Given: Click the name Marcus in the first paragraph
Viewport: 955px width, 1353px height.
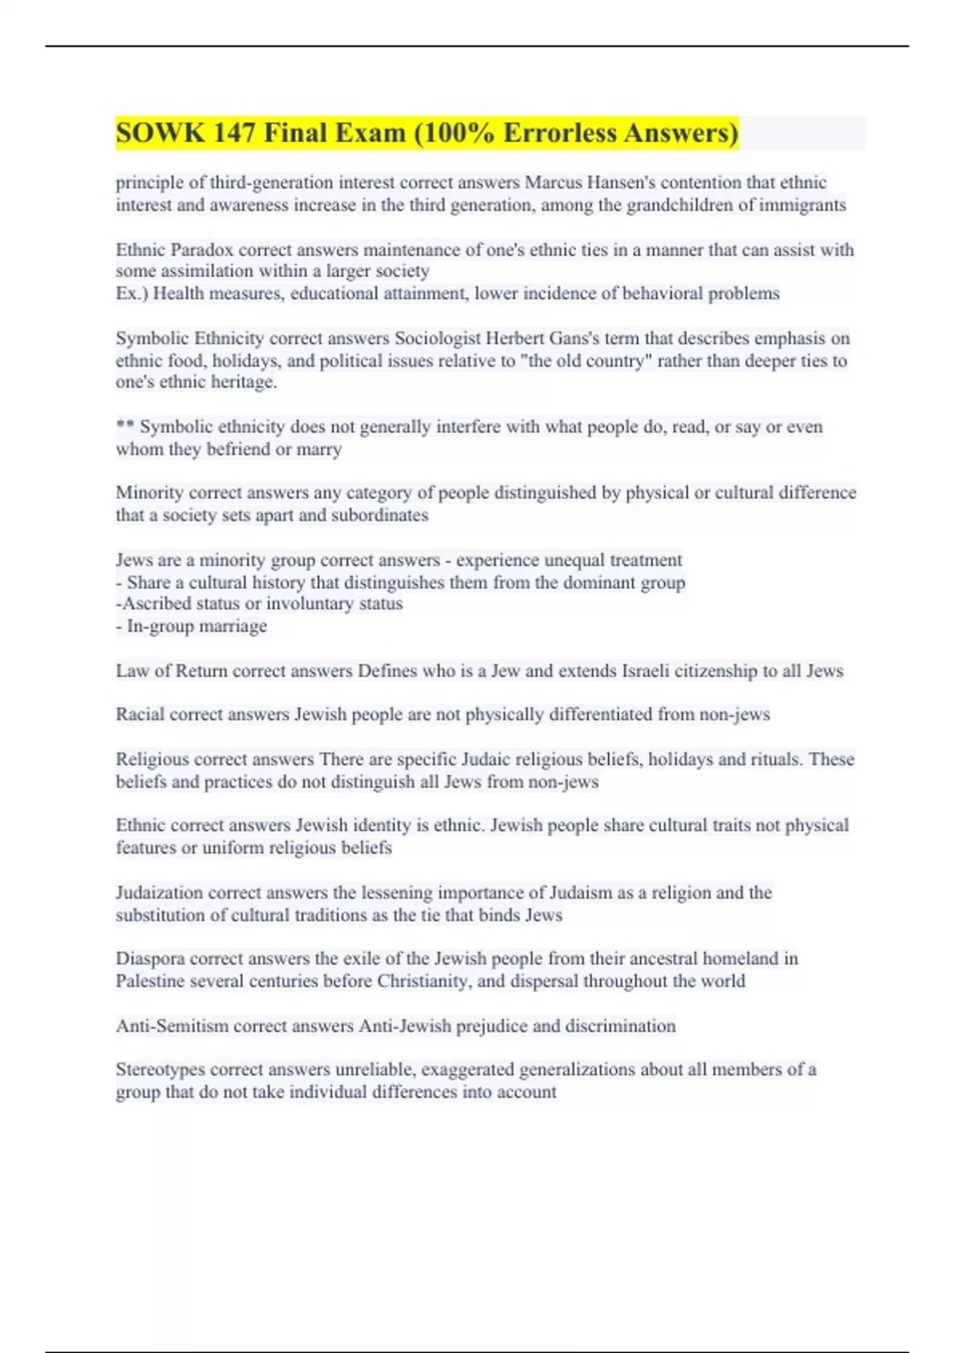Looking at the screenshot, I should coord(553,182).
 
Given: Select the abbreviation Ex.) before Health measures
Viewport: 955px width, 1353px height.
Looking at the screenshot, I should coord(131,294).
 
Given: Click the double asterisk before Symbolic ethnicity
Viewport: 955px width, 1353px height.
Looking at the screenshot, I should coord(125,427).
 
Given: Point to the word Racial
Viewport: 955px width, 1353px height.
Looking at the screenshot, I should coord(140,715).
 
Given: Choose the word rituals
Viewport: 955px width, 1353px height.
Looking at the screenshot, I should coord(771,759).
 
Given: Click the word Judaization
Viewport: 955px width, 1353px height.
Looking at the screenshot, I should coord(159,893).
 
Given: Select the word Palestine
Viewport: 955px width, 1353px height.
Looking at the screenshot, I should coord(151,981).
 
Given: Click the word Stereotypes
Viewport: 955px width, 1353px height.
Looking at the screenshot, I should coord(160,1070).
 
